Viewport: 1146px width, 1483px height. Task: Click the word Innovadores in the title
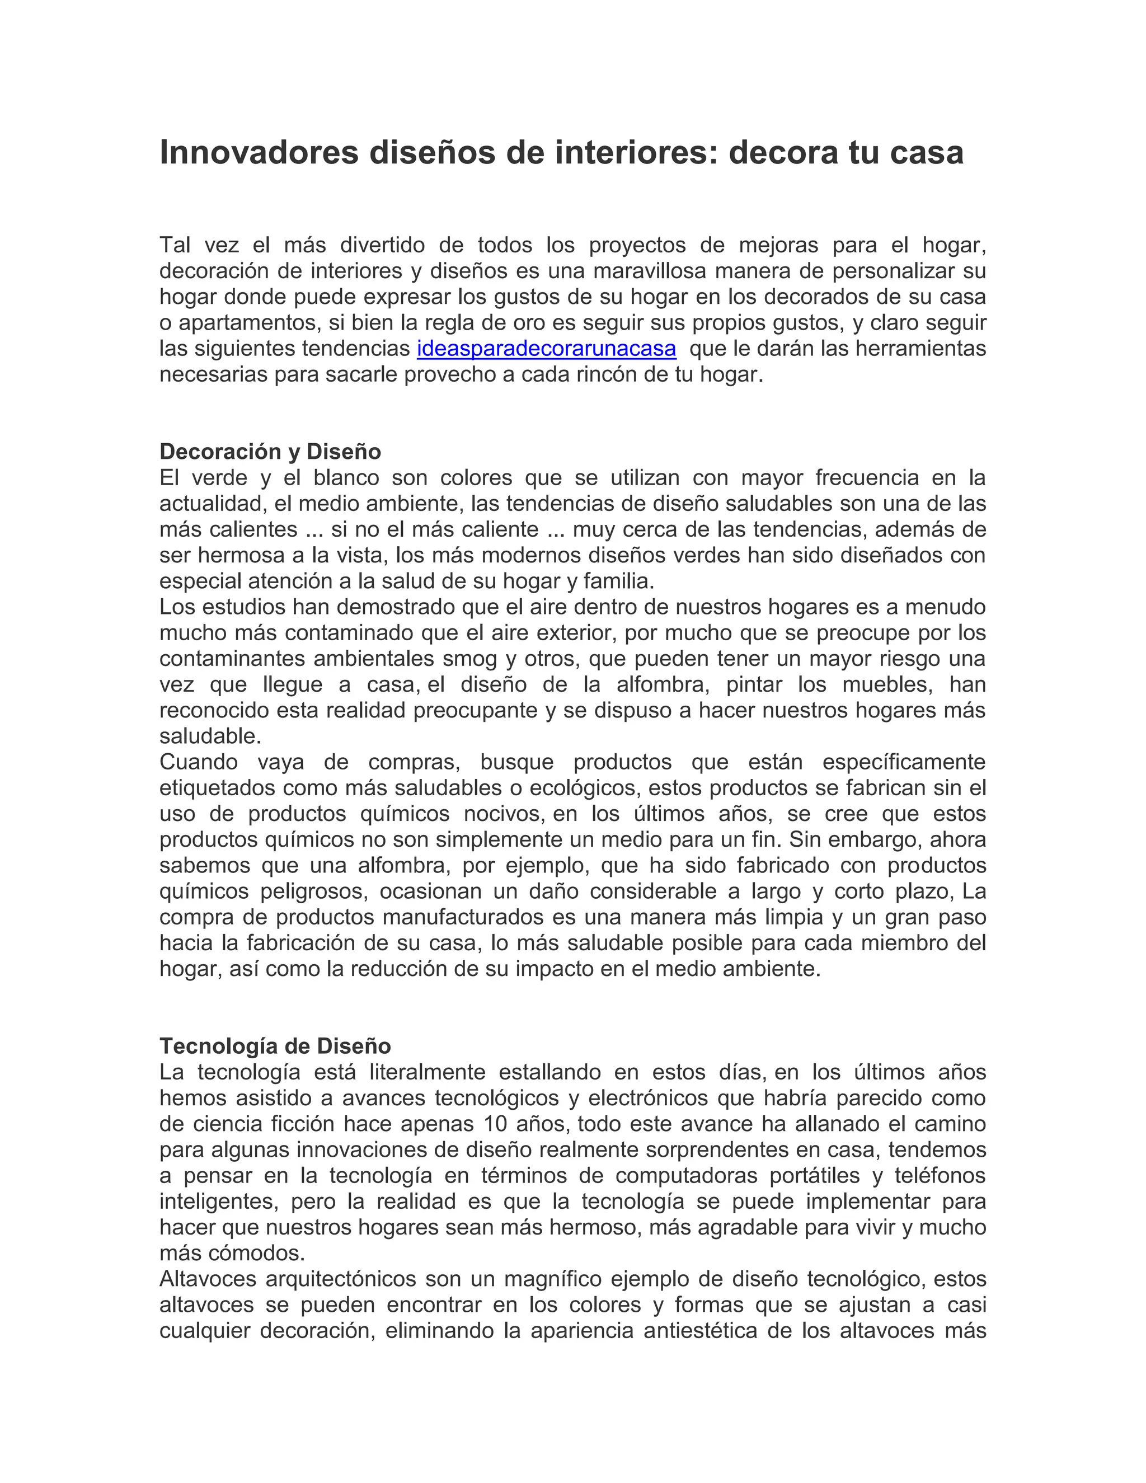coord(259,153)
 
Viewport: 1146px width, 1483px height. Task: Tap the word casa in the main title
coord(927,153)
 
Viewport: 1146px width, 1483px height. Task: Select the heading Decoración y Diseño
coord(270,452)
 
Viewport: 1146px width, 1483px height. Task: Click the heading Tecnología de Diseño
coord(275,1046)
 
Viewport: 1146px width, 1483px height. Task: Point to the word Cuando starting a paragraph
coord(198,762)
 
